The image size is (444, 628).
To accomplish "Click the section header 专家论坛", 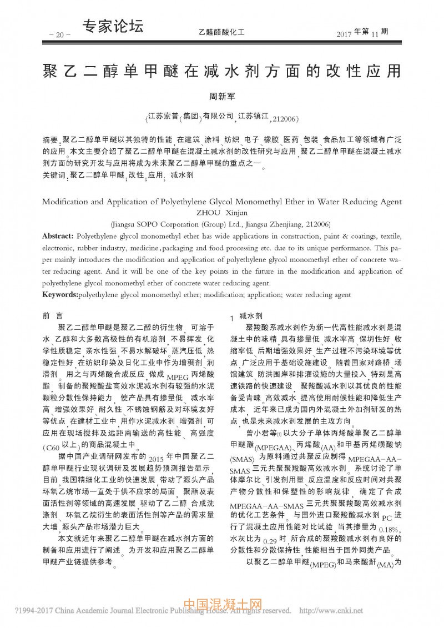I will point(113,26).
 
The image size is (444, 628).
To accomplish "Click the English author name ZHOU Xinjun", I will point(221,212).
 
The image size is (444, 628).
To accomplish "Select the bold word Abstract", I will point(58,236).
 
